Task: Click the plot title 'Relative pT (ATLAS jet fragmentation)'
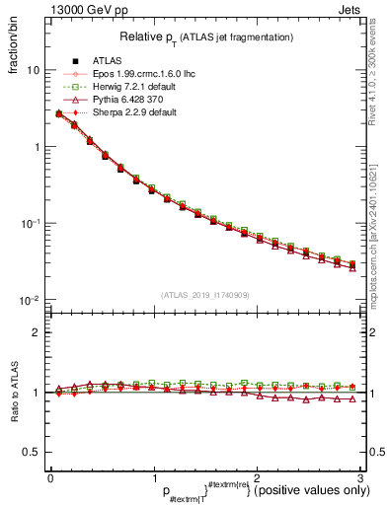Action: [x=204, y=37]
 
